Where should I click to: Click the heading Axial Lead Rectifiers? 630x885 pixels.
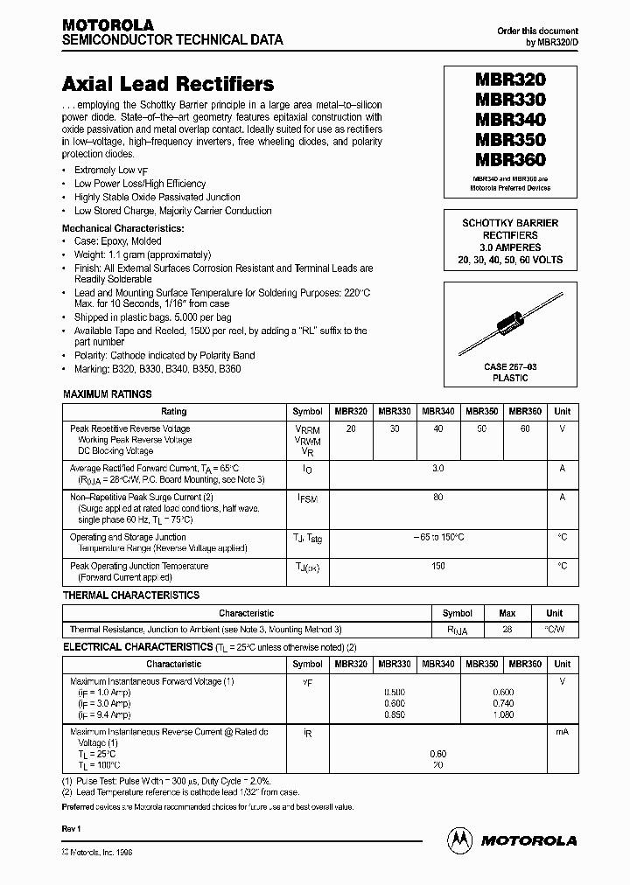[x=168, y=85]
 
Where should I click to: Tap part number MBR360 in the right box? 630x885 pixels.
[x=510, y=160]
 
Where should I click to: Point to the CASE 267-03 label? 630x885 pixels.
[x=511, y=367]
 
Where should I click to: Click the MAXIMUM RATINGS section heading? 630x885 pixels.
[x=107, y=394]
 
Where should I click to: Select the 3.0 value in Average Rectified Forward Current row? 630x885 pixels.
[x=438, y=469]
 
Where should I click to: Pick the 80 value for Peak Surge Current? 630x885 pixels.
[x=438, y=497]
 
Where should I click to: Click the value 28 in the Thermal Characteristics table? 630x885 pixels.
[x=505, y=629]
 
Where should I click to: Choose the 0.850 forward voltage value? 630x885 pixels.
[x=395, y=713]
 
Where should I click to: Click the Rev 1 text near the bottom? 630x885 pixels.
[x=71, y=827]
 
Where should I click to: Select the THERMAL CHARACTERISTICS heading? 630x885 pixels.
[x=131, y=596]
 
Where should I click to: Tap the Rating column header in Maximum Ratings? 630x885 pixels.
[x=174, y=411]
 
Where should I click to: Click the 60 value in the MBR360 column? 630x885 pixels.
[x=525, y=429]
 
